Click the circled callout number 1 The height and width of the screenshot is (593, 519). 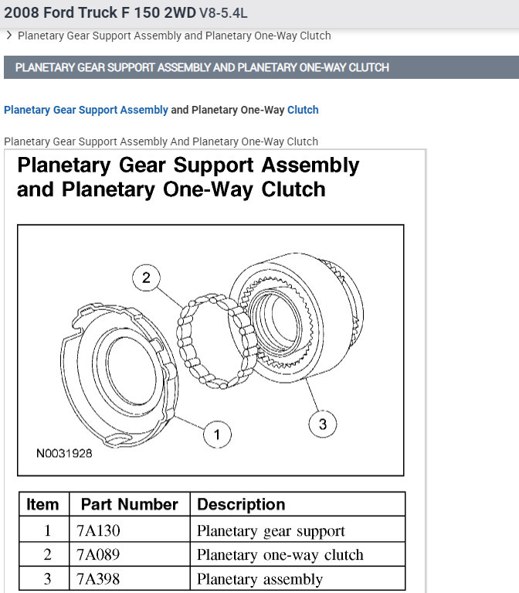point(217,435)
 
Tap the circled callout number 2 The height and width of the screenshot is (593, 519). point(146,278)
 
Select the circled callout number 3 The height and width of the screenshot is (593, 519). point(322,424)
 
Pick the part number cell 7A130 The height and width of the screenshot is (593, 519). point(99,531)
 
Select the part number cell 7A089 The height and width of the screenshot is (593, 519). point(99,555)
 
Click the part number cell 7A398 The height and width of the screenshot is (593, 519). point(99,579)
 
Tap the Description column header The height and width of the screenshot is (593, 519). point(241,505)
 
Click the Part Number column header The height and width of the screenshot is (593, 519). point(129,505)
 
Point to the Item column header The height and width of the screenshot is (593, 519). point(42,505)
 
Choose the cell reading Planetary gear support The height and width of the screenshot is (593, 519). point(271,531)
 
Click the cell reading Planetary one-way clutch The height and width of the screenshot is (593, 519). point(280,555)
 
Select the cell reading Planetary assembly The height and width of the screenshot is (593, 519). point(259,579)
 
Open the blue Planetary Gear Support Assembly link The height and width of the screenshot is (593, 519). point(86,110)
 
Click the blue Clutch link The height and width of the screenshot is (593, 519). point(303,110)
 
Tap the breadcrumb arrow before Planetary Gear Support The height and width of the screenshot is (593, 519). point(8,35)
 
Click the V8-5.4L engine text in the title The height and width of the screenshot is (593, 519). point(224,13)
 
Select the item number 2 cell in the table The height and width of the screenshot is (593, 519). point(47,555)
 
